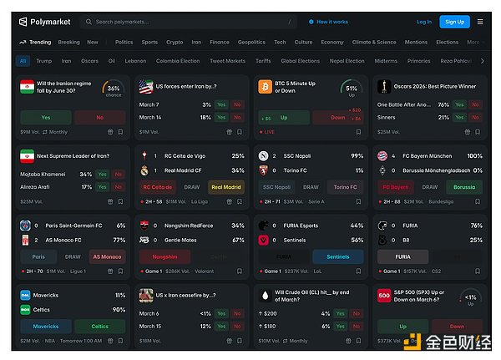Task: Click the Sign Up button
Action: (x=454, y=22)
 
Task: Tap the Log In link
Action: (x=424, y=22)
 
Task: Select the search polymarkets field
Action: (x=192, y=22)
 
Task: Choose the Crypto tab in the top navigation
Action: (x=175, y=42)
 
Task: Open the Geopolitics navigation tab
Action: (x=251, y=42)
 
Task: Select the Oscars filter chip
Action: (x=89, y=61)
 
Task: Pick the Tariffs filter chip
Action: (x=264, y=61)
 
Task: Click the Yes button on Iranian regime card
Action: (x=45, y=118)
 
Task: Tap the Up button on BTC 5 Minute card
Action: (x=283, y=118)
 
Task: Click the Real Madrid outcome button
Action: (x=225, y=187)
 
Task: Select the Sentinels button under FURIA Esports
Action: (x=337, y=256)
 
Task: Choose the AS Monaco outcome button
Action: (x=108, y=256)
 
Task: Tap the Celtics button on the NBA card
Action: (x=99, y=327)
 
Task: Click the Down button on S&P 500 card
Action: (x=457, y=327)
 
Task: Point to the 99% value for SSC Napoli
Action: (x=357, y=156)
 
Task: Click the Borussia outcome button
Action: (x=463, y=187)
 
